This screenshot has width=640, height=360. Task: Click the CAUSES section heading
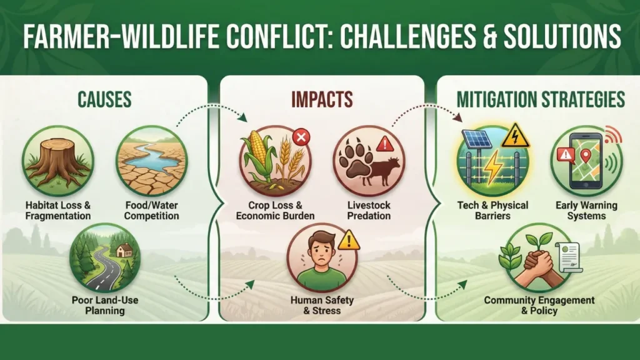click(x=104, y=99)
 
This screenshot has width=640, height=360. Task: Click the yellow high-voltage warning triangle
click(x=516, y=136)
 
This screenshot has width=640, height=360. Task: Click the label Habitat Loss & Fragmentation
click(x=58, y=211)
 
